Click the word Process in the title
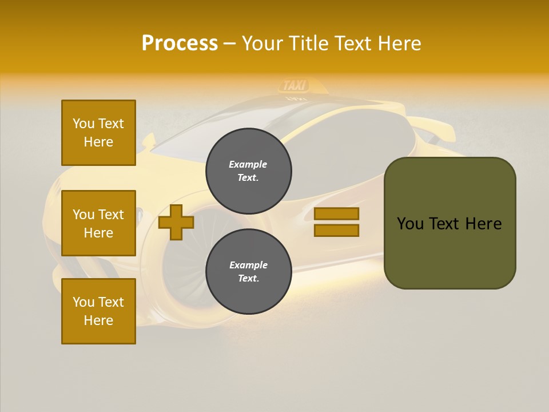(180, 43)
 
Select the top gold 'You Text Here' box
(98, 133)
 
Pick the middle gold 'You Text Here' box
(98, 223)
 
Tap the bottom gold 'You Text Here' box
(98, 311)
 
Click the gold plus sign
(176, 222)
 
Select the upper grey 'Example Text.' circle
(249, 171)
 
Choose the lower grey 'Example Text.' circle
(249, 272)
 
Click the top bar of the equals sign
(336, 214)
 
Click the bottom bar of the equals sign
(336, 230)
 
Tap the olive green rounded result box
(449, 252)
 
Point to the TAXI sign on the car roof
(295, 86)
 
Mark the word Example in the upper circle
(248, 164)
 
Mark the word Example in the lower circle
(248, 265)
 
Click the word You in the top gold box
(83, 124)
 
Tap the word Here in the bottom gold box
(98, 320)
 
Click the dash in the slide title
(230, 43)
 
